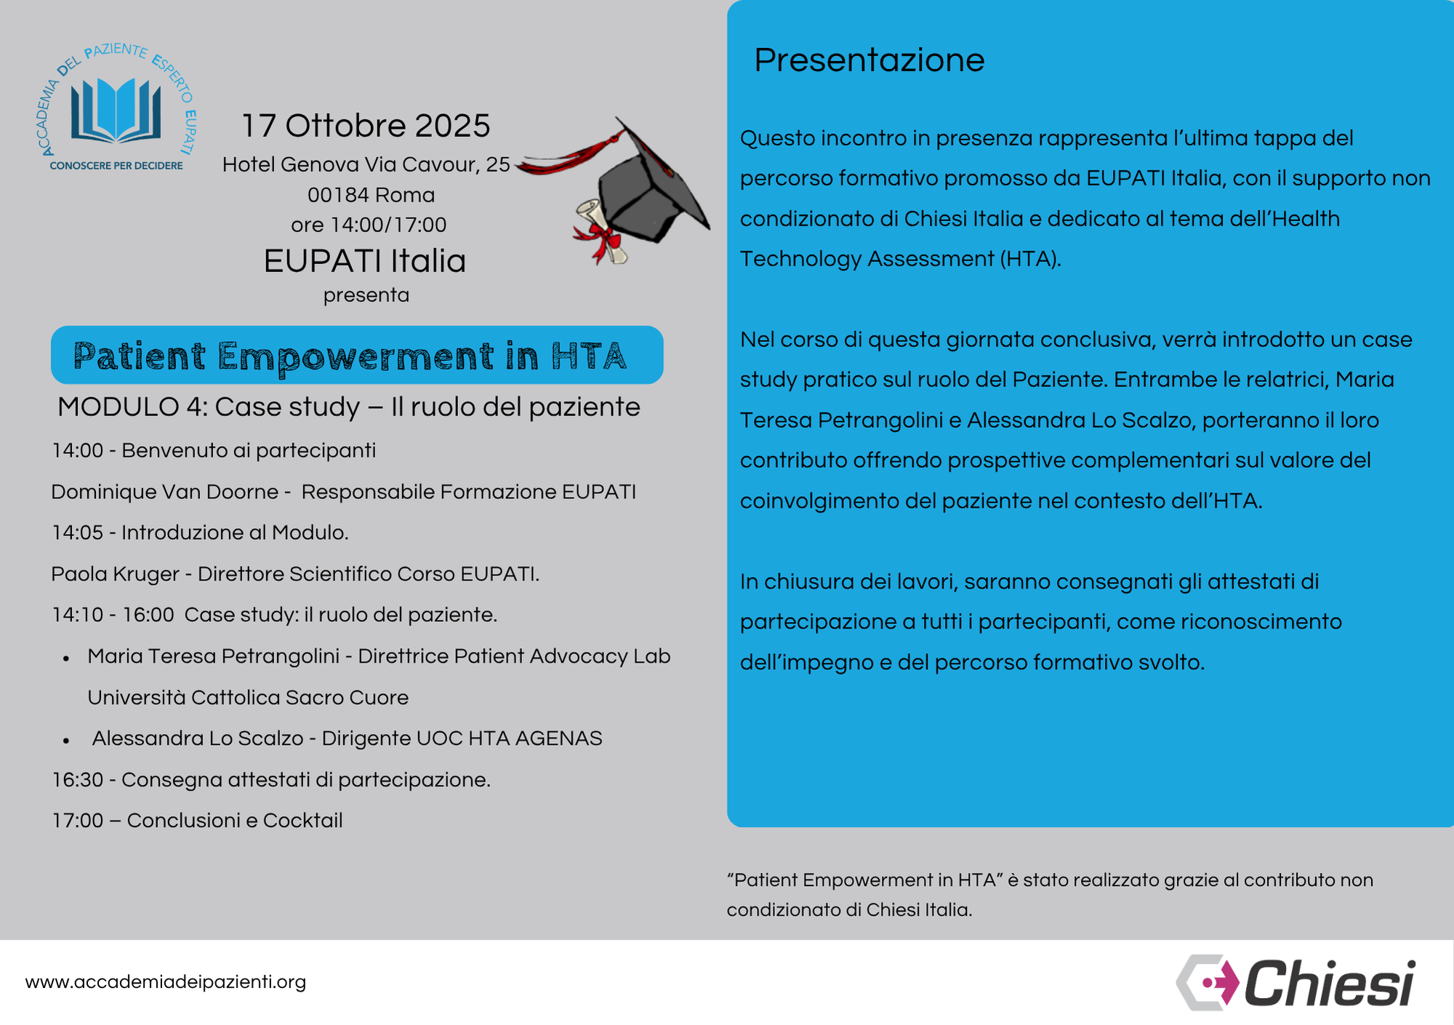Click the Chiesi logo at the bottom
click(1296, 983)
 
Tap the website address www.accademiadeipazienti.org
click(166, 982)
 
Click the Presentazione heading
click(869, 60)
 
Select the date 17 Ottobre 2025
click(366, 126)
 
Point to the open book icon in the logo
click(116, 110)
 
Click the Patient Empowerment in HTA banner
click(357, 356)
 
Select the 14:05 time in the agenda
click(78, 533)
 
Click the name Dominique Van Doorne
click(165, 492)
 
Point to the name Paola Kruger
click(115, 574)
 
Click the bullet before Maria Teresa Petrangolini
click(66, 658)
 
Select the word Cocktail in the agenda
click(302, 821)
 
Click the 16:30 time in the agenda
click(78, 780)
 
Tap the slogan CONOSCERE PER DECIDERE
click(116, 166)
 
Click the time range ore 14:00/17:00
click(369, 225)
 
